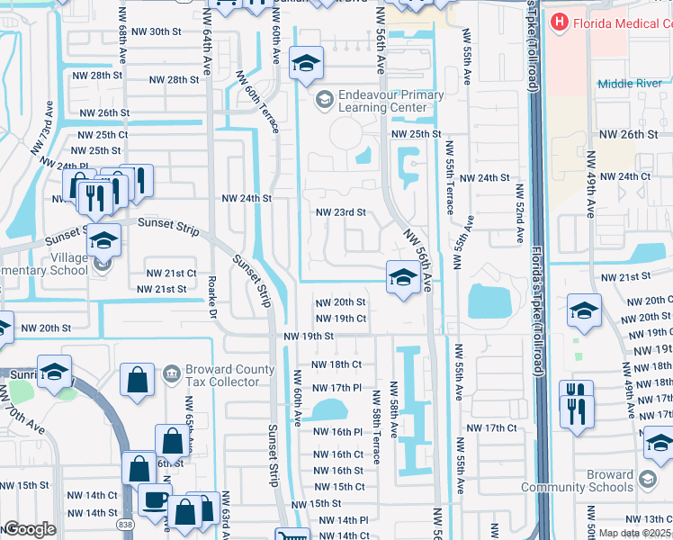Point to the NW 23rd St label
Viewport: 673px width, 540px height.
340,212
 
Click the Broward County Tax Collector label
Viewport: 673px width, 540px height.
222,375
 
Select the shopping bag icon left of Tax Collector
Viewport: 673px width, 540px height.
139,379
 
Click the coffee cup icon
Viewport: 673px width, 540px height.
154,499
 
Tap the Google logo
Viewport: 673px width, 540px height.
29,529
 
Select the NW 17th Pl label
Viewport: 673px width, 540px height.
336,387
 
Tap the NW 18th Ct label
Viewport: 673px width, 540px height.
336,364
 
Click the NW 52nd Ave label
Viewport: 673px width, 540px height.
519,214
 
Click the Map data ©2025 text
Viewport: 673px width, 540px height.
634,533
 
